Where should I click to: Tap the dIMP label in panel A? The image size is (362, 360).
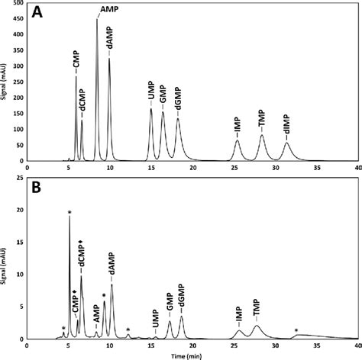(287, 127)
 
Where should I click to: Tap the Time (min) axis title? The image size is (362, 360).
(187, 355)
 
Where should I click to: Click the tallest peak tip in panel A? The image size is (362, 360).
(96, 20)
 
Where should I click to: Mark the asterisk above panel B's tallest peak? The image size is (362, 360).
(69, 212)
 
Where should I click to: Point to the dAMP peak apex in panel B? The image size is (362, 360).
(112, 284)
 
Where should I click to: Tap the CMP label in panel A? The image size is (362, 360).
(76, 63)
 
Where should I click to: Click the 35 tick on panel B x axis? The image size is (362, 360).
(317, 345)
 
